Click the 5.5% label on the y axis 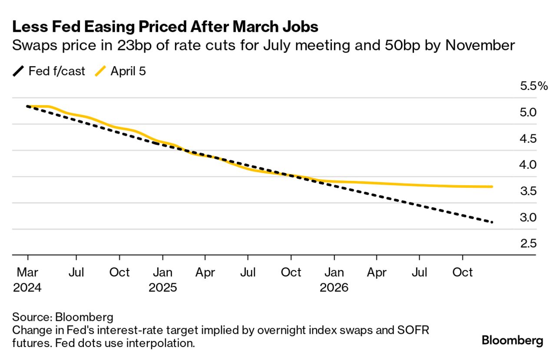534,86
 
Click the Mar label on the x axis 27,273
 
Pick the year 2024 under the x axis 27,288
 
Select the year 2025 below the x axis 162,288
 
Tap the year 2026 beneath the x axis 334,288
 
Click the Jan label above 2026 334,273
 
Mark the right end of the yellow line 492,187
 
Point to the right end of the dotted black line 492,222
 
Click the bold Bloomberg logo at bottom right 512,340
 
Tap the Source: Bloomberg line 63,317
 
